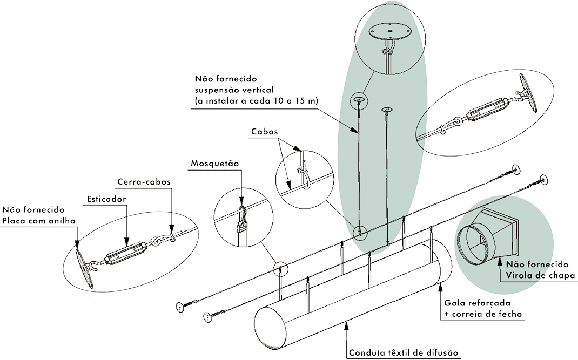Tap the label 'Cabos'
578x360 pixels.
pyautogui.click(x=265, y=131)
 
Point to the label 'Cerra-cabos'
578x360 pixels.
pyautogui.click(x=144, y=182)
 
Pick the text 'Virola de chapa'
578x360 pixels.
pyautogui.click(x=538, y=275)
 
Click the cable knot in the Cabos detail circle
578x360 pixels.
pyautogui.click(x=302, y=174)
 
